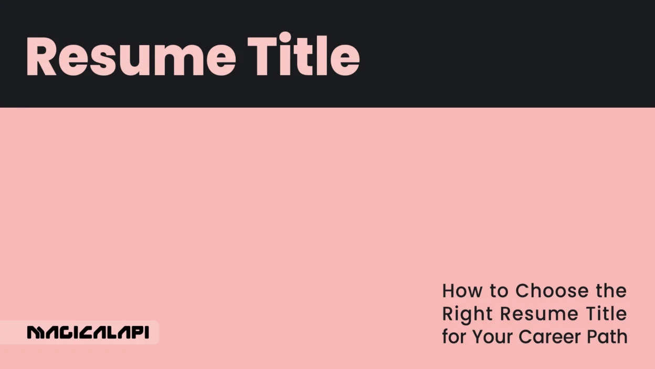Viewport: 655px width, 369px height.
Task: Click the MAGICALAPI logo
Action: (88, 333)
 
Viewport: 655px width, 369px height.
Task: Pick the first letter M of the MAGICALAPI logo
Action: (35, 333)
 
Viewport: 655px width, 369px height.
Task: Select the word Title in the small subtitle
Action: (606, 314)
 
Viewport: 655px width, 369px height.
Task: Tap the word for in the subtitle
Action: (454, 336)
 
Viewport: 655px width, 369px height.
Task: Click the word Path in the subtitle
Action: (608, 336)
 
